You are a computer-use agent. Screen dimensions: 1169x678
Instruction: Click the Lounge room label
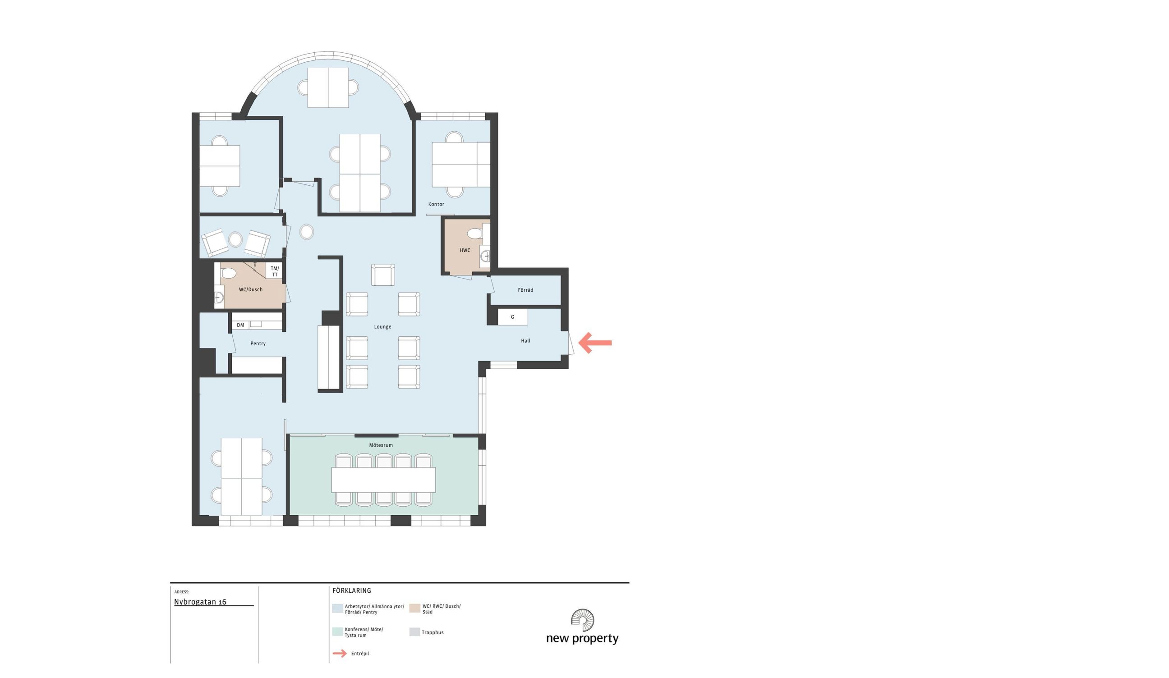click(x=383, y=327)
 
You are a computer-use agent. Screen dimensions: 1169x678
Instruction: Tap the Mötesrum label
click(x=381, y=445)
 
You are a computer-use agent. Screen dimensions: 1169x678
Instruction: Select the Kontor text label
click(x=436, y=204)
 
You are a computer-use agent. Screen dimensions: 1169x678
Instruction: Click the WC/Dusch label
click(x=250, y=289)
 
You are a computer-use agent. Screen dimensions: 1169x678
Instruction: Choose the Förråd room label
click(x=525, y=290)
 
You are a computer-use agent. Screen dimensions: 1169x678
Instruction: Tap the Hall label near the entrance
click(x=525, y=341)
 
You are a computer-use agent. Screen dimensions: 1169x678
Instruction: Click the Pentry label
click(x=258, y=344)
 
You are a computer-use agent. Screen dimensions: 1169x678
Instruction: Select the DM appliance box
click(x=240, y=325)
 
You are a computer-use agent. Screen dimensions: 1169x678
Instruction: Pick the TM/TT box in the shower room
click(x=275, y=271)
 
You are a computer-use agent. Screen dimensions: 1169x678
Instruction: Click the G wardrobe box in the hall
click(x=513, y=317)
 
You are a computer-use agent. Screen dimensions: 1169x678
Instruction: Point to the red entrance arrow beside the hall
click(x=595, y=343)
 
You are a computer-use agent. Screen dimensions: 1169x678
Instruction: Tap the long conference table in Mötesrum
click(x=384, y=480)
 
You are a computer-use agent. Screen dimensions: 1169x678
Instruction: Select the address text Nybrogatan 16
click(x=200, y=602)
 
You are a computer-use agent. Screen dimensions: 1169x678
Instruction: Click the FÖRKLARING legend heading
click(x=352, y=591)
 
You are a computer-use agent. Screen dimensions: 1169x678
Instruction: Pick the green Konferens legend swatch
click(x=338, y=632)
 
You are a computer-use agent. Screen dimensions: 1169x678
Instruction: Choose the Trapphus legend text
click(x=433, y=632)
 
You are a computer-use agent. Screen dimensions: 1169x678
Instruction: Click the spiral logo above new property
click(x=583, y=620)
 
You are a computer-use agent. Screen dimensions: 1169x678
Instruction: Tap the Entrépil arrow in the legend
click(x=340, y=653)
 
